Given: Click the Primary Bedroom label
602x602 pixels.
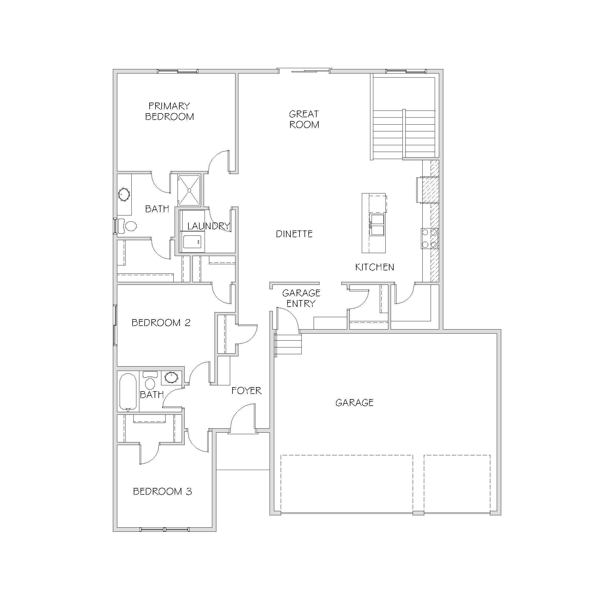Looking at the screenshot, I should click(x=169, y=111).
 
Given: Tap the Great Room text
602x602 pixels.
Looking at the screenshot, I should click(x=304, y=119).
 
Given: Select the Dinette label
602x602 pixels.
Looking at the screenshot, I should click(x=294, y=234).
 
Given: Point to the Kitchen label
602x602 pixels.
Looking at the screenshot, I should click(x=374, y=267).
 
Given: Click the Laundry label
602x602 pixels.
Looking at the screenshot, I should click(x=208, y=226).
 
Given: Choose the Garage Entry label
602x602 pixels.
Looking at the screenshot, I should click(x=301, y=298).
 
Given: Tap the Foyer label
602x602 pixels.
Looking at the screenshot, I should click(x=246, y=390).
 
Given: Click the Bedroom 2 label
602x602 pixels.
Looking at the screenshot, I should click(x=161, y=322).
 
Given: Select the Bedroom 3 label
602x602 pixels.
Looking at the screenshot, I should click(x=162, y=491).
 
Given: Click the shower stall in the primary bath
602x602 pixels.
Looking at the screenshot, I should click(x=189, y=190).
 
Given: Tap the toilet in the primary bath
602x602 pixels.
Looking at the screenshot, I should click(x=128, y=225).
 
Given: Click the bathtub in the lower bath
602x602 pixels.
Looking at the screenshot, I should click(x=128, y=392).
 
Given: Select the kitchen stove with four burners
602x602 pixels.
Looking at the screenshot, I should click(x=430, y=238).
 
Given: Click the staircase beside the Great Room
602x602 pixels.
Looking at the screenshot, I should click(x=404, y=134).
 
